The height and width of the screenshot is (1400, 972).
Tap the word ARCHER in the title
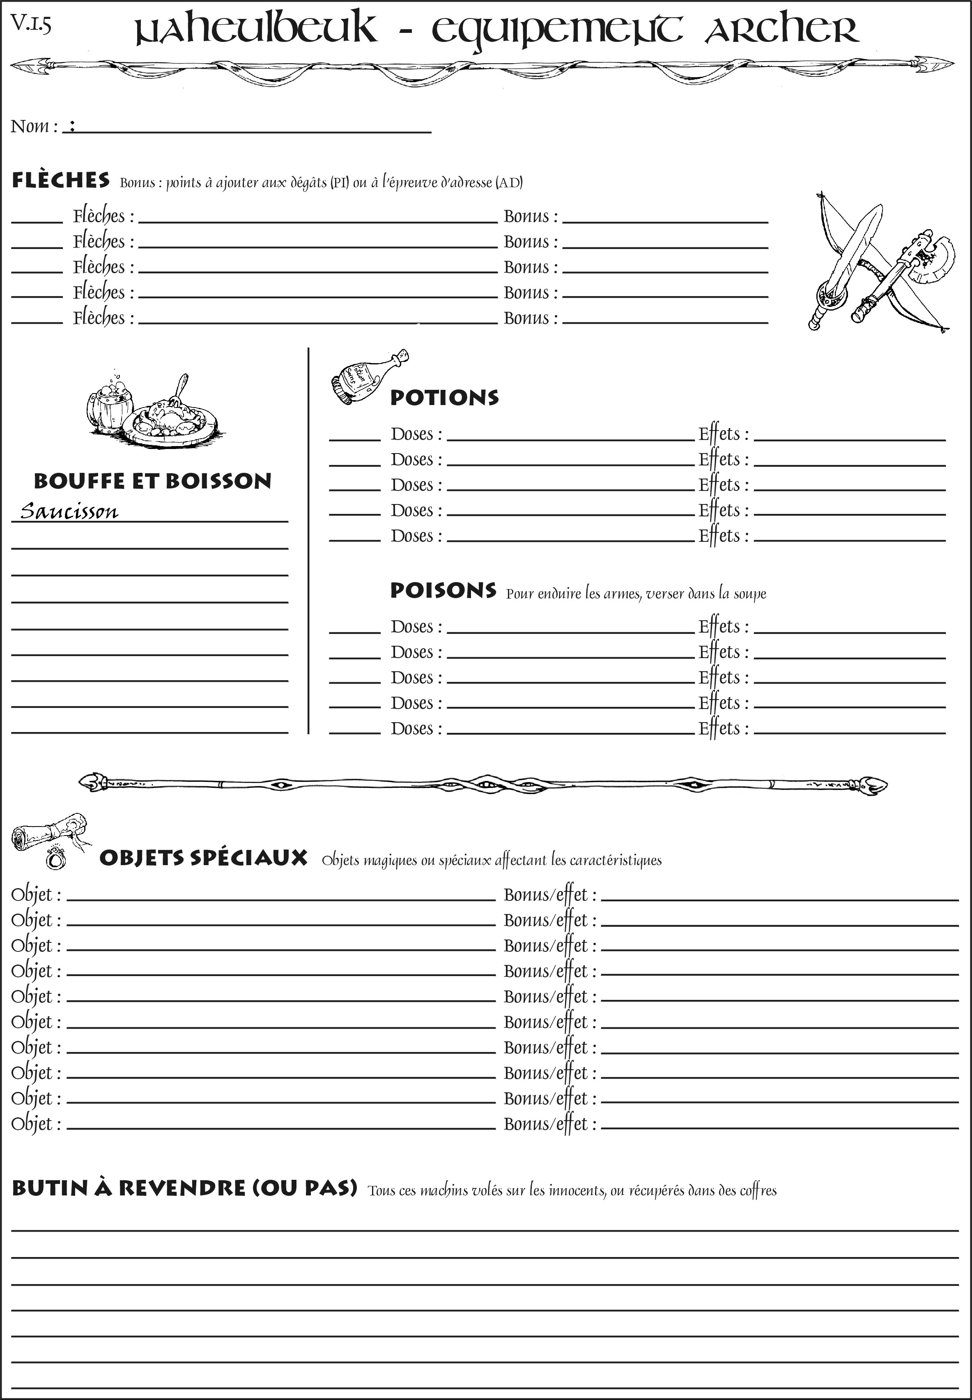[781, 29]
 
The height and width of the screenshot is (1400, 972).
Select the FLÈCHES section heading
[61, 180]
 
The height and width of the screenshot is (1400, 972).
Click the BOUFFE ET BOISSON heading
[152, 481]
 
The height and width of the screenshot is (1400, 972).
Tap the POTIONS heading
[444, 398]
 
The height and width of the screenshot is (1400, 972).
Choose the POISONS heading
[443, 590]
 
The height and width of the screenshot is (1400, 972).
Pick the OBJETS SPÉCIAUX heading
[203, 858]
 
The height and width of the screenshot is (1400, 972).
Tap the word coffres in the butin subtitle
[758, 1190]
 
